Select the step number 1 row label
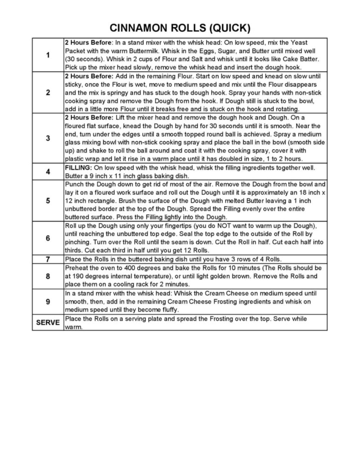pos(48,55)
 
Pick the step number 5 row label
pos(48,201)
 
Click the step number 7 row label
pos(48,259)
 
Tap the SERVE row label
pos(48,322)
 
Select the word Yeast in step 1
pos(299,42)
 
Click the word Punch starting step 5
pos(74,184)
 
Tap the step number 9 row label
pos(48,302)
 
